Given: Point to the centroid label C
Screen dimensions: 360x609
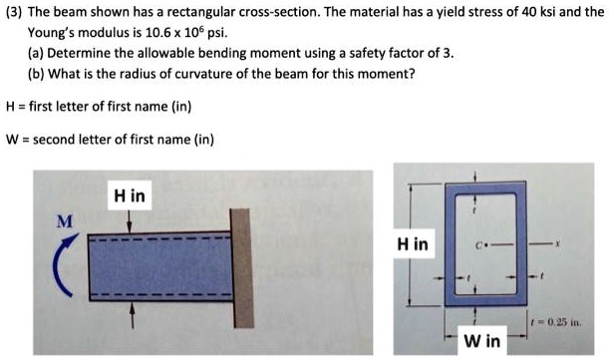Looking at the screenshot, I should click(x=481, y=244).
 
